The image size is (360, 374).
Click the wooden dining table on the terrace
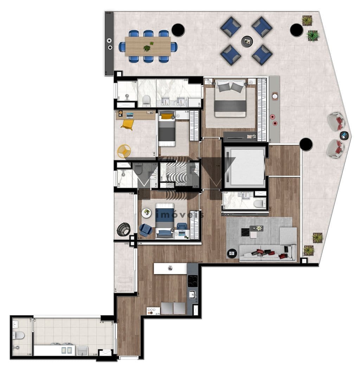(148, 46)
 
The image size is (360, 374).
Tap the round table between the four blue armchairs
(247, 41)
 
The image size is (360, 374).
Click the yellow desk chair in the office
(127, 124)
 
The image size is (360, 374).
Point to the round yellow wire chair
(124, 151)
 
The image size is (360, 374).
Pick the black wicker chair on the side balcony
(123, 230)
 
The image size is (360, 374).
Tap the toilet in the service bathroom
(18, 335)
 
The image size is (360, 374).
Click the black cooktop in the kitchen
(192, 281)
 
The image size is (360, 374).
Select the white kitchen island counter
(170, 269)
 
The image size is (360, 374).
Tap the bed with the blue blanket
(165, 219)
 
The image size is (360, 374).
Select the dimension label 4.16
(102, 322)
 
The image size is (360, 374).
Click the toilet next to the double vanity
(146, 101)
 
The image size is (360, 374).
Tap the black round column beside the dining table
(178, 30)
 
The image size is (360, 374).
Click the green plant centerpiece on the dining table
(147, 47)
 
